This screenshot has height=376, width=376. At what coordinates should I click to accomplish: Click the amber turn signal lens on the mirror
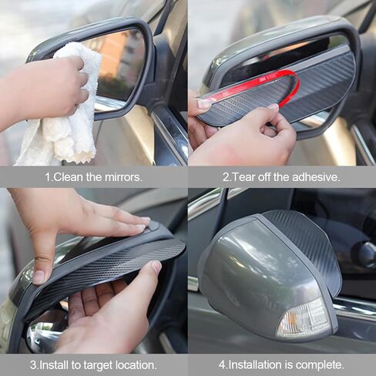point(304,319)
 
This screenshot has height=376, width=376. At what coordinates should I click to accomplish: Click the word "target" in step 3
point(98,365)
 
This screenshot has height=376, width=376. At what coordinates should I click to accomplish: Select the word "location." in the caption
point(136,364)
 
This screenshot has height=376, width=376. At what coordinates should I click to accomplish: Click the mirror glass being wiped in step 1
point(121,64)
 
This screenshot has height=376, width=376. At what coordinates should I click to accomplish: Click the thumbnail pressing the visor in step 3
point(39,277)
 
